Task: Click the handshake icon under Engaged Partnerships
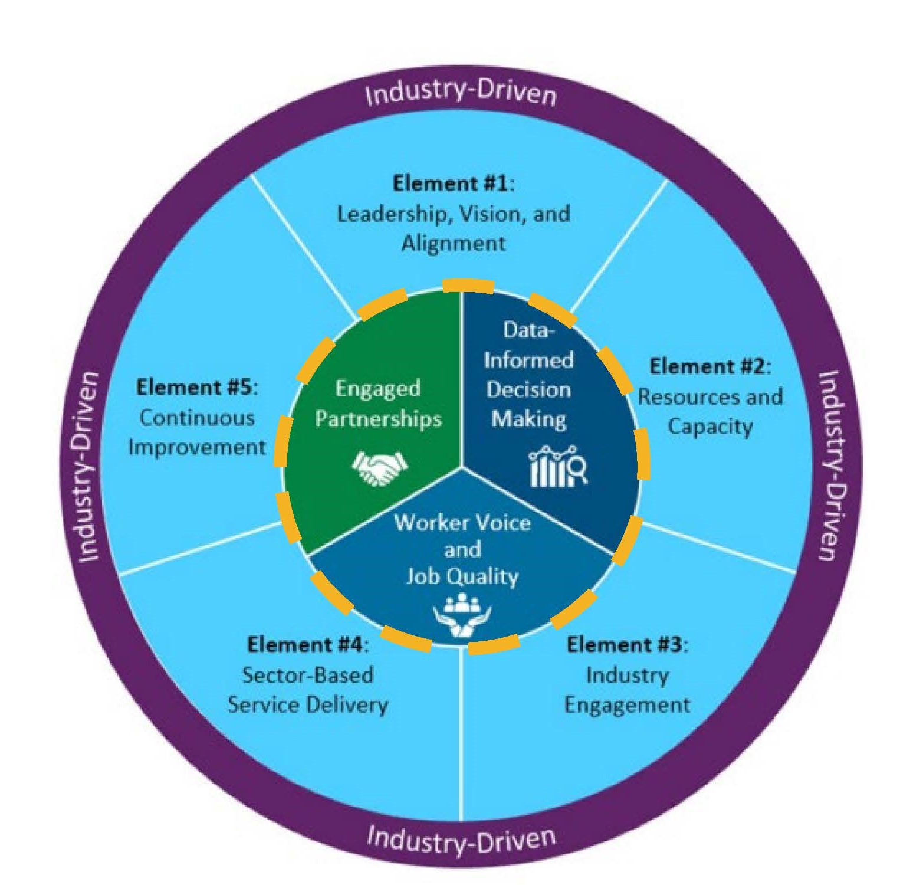pos(380,468)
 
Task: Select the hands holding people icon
pos(462,617)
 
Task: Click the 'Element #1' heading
pos(453,183)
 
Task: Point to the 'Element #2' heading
pos(709,366)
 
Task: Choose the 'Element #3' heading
pos(627,644)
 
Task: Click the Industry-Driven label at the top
pos(460,94)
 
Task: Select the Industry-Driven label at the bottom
pos(461,839)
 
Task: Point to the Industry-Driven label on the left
pos(89,466)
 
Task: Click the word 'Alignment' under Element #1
pos(453,243)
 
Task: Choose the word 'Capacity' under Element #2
pos(709,427)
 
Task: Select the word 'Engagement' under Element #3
pos(627,705)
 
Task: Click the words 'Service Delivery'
pos(307,705)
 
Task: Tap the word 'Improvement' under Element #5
pos(196,447)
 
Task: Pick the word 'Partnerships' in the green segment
pos(378,419)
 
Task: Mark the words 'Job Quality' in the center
pos(462,576)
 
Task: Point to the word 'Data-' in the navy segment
pos(528,330)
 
